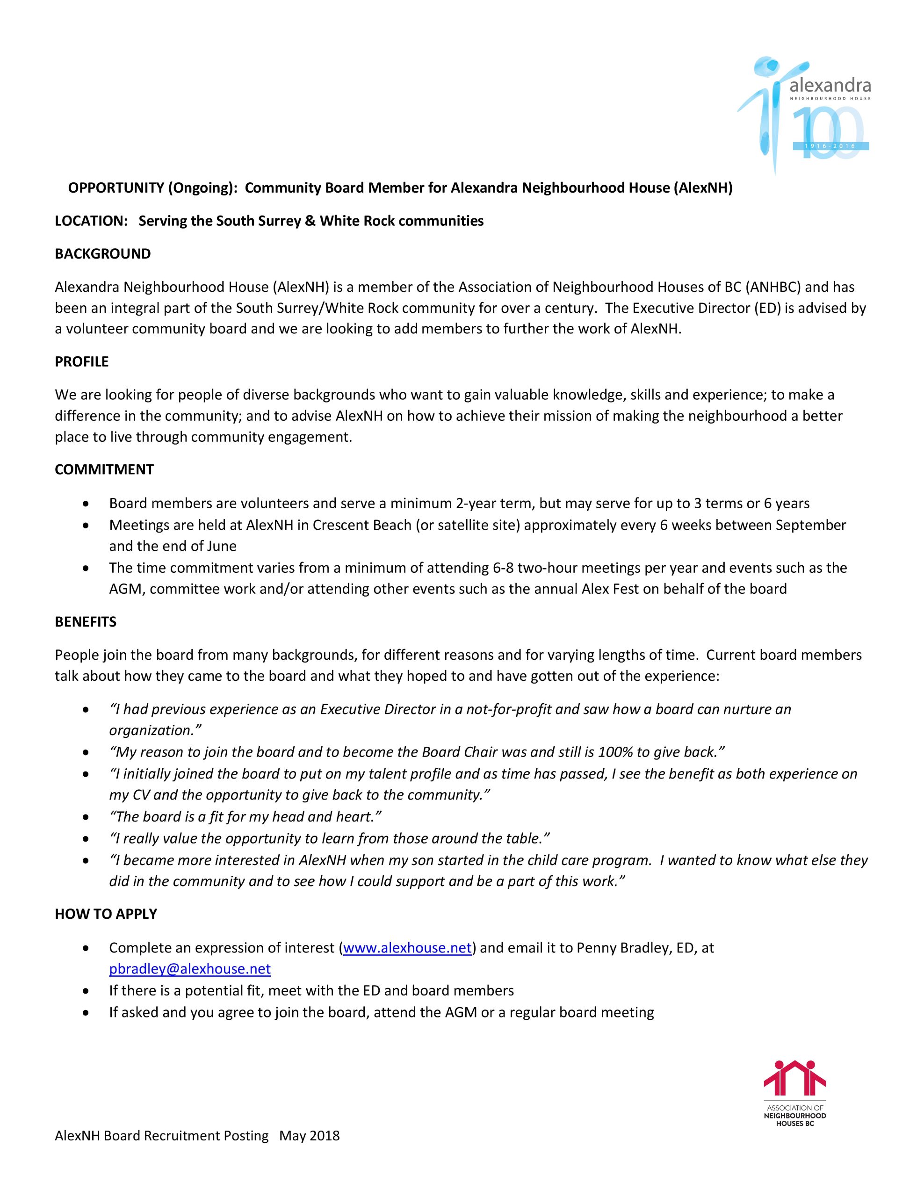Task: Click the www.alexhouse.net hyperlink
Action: (x=407, y=948)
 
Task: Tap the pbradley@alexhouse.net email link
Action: (x=190, y=969)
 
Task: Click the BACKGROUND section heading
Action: (x=102, y=254)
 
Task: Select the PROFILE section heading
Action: (x=82, y=362)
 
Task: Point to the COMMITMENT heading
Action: (x=104, y=470)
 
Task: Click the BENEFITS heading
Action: (x=86, y=621)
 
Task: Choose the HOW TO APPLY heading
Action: (x=106, y=914)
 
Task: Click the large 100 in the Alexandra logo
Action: (x=828, y=133)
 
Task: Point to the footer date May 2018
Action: (x=310, y=1135)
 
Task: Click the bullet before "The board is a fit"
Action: (x=86, y=817)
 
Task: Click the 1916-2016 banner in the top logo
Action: (x=830, y=146)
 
